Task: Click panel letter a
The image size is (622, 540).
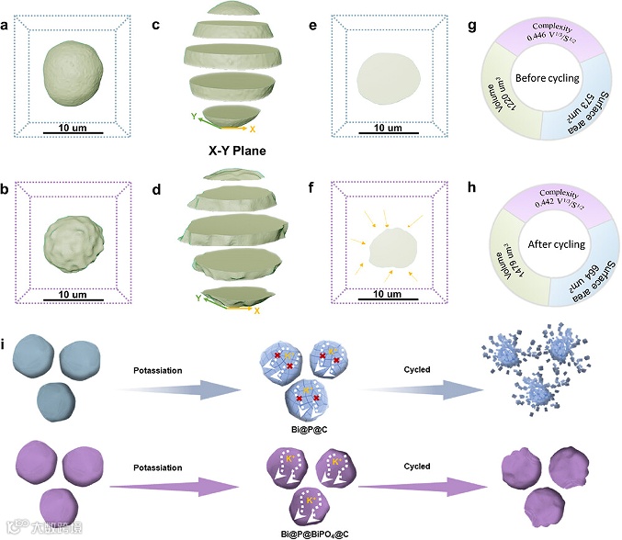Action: click(6, 25)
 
